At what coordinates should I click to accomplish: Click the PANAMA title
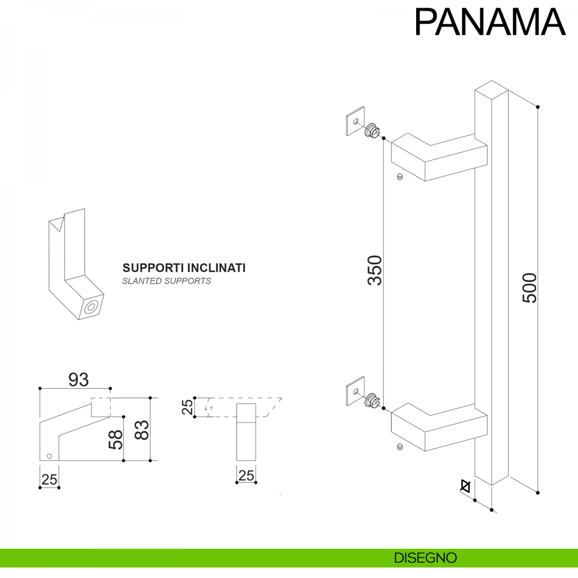[490, 22]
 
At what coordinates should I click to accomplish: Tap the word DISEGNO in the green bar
[425, 558]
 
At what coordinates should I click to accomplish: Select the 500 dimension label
[529, 288]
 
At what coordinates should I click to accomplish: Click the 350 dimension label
[375, 270]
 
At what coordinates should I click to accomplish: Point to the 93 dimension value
[78, 380]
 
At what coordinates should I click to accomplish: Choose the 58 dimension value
[116, 439]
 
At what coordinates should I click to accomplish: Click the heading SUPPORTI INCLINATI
[184, 268]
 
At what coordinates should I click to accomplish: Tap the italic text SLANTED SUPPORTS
[167, 281]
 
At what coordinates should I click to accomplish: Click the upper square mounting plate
[355, 121]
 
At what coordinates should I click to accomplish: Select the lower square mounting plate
[355, 391]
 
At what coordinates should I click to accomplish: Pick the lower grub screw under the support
[399, 447]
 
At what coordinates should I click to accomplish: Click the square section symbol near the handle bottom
[465, 486]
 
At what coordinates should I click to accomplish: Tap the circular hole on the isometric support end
[91, 307]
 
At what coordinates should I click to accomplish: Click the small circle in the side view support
[49, 455]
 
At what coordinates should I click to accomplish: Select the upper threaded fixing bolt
[372, 130]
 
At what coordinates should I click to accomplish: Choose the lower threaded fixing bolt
[372, 400]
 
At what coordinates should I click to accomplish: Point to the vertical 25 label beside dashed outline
[187, 407]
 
